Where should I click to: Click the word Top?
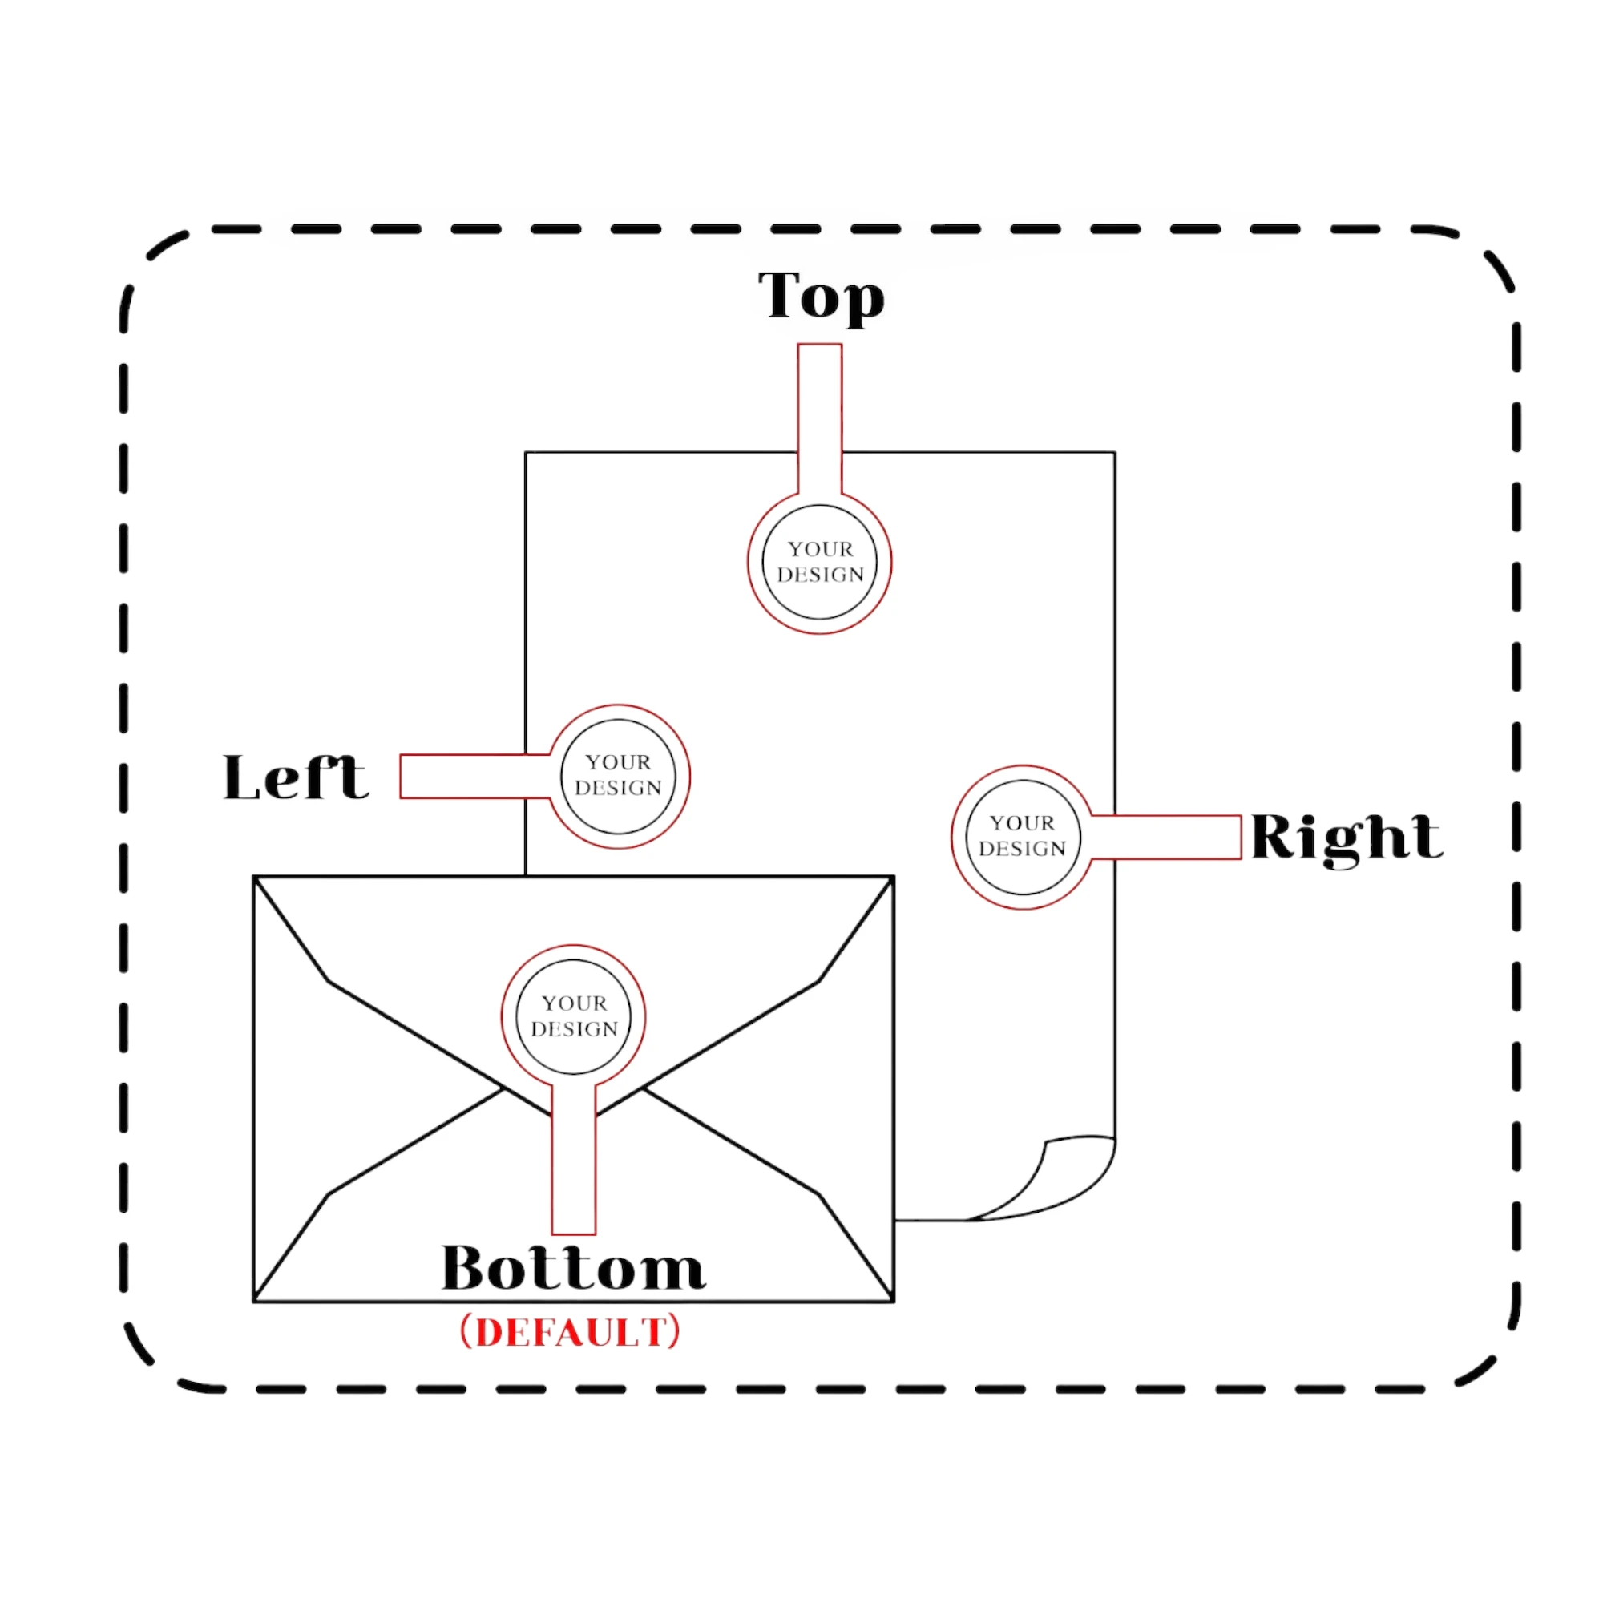pyautogui.click(x=821, y=296)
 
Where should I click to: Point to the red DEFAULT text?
pyautogui.click(x=571, y=1334)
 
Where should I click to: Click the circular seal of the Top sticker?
pyautogui.click(x=820, y=563)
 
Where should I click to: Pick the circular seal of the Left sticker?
pyautogui.click(x=618, y=777)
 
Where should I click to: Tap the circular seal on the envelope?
pyautogui.click(x=573, y=1016)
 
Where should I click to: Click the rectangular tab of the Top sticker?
pyautogui.click(x=820, y=415)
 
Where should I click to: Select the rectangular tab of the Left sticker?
pyautogui.click(x=473, y=777)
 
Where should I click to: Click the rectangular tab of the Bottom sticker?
pyautogui.click(x=573, y=1161)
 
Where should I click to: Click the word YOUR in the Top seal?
pyautogui.click(x=821, y=549)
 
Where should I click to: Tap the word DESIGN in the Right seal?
pyautogui.click(x=1022, y=849)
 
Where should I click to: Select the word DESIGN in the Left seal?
pyautogui.click(x=618, y=788)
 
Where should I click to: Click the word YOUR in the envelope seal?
pyautogui.click(x=574, y=1003)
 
